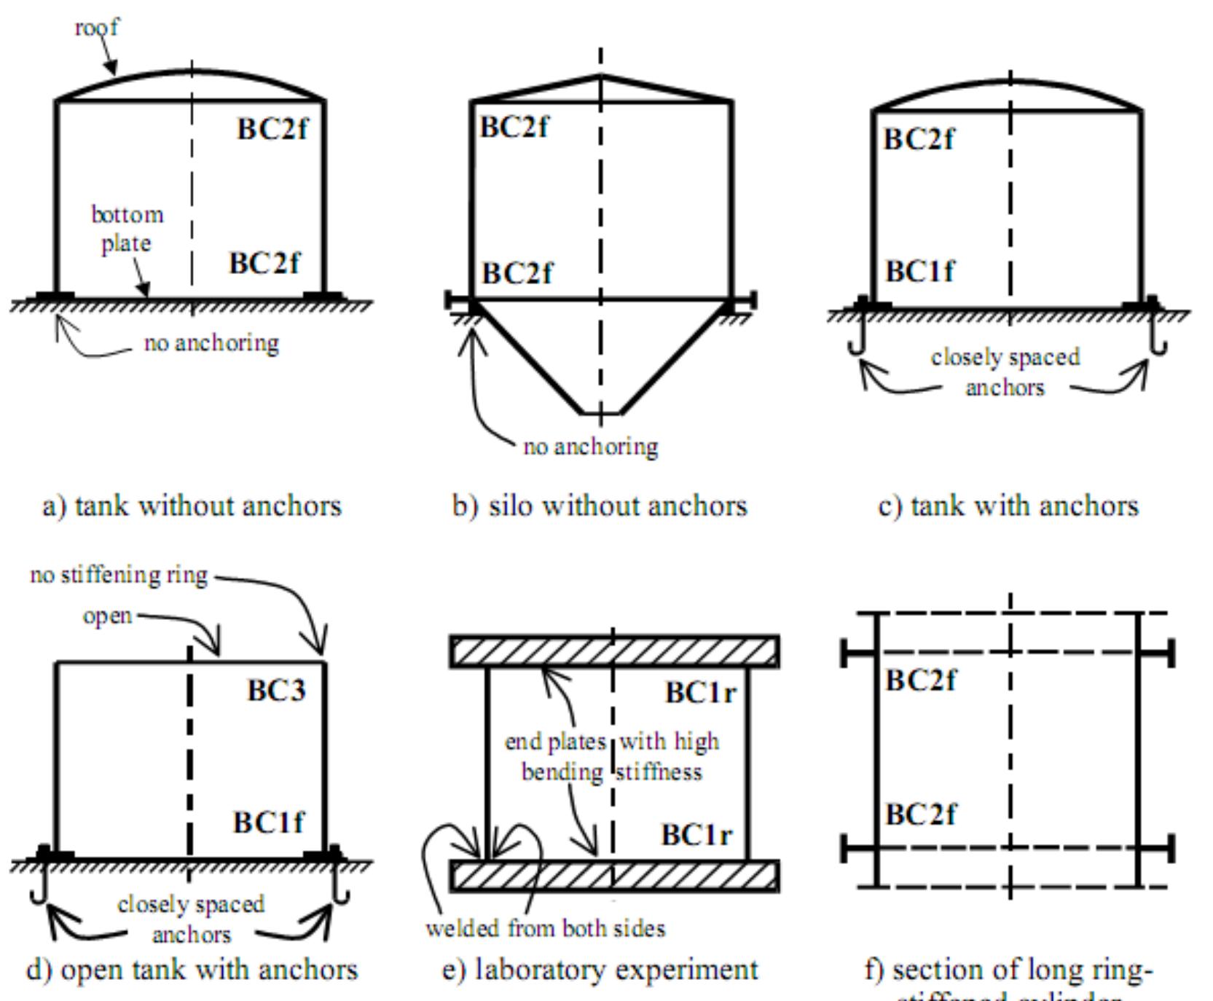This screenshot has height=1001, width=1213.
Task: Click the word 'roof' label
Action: coord(96,28)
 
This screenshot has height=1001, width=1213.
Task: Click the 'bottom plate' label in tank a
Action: coord(127,229)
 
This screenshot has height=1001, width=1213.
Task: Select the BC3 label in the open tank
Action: coord(276,691)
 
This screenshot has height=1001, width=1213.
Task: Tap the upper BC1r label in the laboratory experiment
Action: coord(700,692)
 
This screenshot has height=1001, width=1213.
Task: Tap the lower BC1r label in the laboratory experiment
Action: coord(696,834)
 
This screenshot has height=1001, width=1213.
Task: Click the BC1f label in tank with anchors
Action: coord(919,272)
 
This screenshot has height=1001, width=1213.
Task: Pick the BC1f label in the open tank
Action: coord(268,823)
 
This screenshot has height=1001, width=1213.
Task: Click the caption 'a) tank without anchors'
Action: coord(192,506)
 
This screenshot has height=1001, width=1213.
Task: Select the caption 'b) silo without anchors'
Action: coord(600,506)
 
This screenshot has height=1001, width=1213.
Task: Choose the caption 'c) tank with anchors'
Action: coord(1008,506)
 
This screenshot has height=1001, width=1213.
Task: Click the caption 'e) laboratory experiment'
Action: coord(600,970)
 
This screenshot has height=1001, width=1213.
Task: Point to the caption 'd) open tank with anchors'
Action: coord(192,970)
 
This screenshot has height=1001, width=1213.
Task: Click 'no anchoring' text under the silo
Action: coord(590,446)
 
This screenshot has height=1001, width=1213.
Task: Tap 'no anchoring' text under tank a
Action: coord(211,342)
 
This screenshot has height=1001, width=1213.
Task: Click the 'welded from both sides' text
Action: coord(545,928)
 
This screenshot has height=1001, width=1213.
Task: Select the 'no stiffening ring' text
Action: coord(119,575)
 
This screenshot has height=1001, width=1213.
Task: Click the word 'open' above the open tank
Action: coord(107,616)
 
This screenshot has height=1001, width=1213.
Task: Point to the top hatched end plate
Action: coord(614,651)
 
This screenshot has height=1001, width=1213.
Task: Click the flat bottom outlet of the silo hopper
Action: coord(600,414)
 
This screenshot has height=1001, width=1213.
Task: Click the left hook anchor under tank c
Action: coord(857,339)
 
